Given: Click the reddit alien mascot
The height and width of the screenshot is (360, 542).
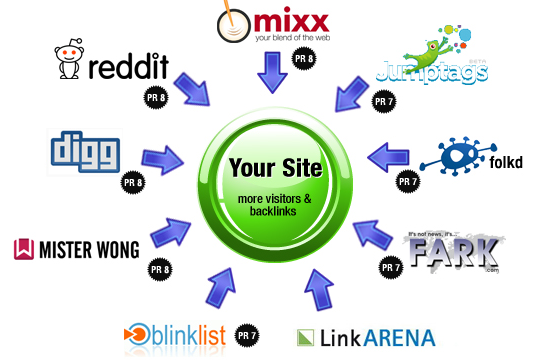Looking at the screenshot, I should (69, 61).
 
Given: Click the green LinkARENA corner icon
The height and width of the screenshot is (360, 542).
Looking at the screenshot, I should (306, 337).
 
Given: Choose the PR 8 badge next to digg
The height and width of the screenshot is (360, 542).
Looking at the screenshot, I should (132, 184).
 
